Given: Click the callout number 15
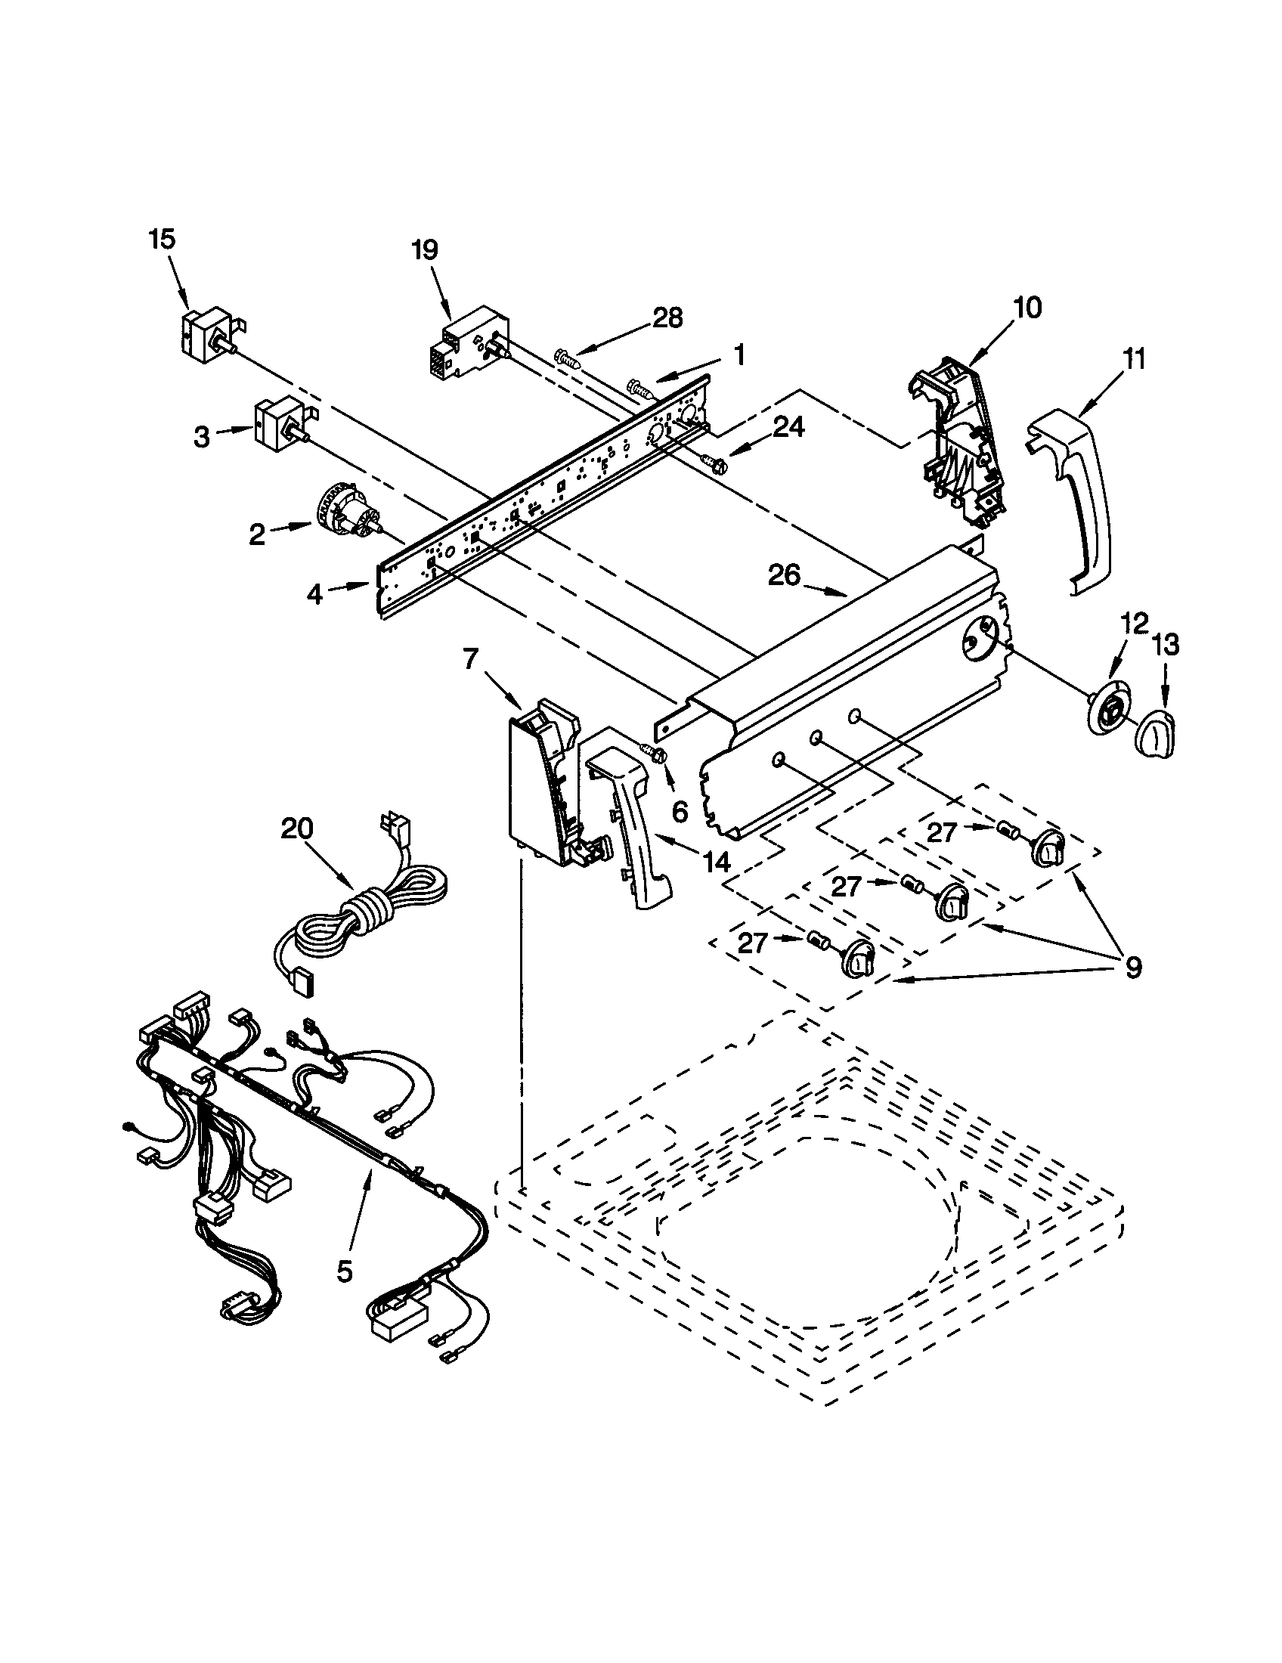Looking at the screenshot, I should (162, 239).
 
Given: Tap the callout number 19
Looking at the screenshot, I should (426, 249).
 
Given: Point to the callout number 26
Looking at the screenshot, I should (784, 576).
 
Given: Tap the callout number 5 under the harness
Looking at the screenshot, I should (345, 1271).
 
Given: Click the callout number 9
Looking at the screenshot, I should (1133, 967).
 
